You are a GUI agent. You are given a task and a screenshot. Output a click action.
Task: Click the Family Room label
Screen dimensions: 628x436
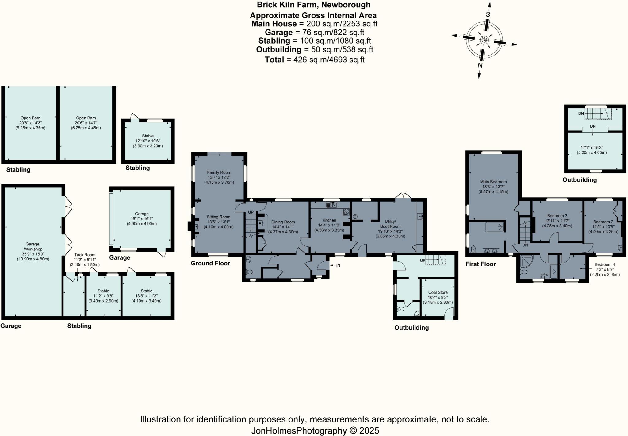(x=219, y=172)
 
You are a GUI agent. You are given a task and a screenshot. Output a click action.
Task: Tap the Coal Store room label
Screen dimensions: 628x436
(x=438, y=292)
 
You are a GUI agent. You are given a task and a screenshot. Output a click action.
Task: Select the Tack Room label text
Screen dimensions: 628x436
(x=85, y=255)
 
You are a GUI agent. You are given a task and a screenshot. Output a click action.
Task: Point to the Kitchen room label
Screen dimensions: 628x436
(x=329, y=220)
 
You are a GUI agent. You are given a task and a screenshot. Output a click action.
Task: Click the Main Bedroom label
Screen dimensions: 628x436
(x=493, y=182)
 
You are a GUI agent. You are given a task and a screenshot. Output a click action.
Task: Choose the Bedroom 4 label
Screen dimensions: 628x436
(x=605, y=264)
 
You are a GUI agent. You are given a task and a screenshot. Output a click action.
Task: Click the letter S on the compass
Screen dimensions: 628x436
(x=488, y=14)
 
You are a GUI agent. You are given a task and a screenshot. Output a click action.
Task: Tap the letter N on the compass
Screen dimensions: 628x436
(x=480, y=65)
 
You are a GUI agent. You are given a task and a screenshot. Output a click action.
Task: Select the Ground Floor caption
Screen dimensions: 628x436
(x=210, y=263)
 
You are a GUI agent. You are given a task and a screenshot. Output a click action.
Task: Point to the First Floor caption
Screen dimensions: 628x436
(x=481, y=264)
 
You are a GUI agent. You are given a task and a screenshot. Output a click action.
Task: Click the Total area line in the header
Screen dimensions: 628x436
(x=315, y=60)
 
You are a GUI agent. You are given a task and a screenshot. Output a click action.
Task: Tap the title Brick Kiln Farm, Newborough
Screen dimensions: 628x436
(x=314, y=5)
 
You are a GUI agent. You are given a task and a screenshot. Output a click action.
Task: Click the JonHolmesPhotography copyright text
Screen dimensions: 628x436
(x=315, y=431)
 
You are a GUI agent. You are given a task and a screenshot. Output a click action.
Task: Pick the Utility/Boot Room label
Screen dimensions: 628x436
(x=390, y=224)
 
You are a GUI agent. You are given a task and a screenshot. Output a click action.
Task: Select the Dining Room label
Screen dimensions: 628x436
(x=283, y=222)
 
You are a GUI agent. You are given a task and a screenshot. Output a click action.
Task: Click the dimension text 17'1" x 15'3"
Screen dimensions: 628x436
(x=592, y=148)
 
